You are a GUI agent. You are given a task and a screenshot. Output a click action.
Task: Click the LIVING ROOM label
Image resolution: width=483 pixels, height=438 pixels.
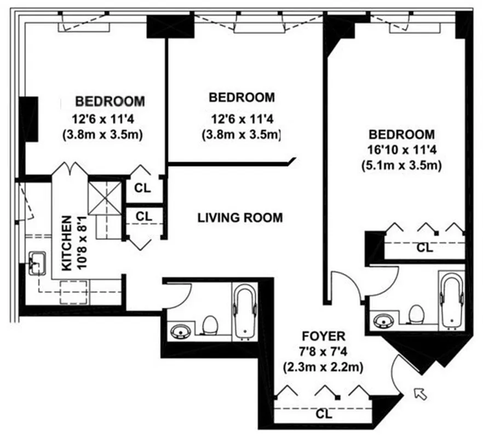pyautogui.click(x=240, y=218)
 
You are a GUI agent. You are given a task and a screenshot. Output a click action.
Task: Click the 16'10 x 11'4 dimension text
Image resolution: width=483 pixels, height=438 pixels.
pyautogui.click(x=401, y=149)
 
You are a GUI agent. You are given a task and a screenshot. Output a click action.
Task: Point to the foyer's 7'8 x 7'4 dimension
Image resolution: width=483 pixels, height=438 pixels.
pyautogui.click(x=323, y=351)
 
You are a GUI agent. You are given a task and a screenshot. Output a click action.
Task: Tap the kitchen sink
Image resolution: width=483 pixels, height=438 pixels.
pyautogui.click(x=37, y=261)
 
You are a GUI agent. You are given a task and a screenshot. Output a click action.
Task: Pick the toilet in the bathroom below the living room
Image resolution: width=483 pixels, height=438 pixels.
pyautogui.click(x=210, y=326)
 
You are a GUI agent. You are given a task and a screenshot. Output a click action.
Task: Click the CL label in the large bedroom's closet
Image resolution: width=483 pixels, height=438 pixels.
pyautogui.click(x=424, y=247)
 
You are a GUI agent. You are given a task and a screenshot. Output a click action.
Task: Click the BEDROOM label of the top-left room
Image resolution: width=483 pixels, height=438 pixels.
pyautogui.click(x=110, y=101)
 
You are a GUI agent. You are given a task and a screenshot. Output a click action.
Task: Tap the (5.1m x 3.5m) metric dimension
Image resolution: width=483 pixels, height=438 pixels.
pyautogui.click(x=401, y=164)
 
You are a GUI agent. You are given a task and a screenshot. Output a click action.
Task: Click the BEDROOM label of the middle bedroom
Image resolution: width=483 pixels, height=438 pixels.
pyautogui.click(x=242, y=98)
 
